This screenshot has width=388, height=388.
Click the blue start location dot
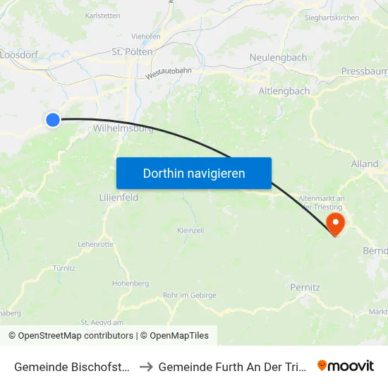point(53,120)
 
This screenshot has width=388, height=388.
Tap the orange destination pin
point(335,224)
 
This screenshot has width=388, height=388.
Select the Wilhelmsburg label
point(114,129)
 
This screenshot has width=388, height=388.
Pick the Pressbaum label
point(363,71)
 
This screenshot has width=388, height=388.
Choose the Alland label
point(365,164)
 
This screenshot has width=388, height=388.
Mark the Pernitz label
point(305,287)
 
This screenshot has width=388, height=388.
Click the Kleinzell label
point(190,231)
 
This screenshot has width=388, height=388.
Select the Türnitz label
point(64,268)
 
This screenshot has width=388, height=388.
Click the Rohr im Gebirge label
point(189,296)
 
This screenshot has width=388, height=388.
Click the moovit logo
point(346,366)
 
